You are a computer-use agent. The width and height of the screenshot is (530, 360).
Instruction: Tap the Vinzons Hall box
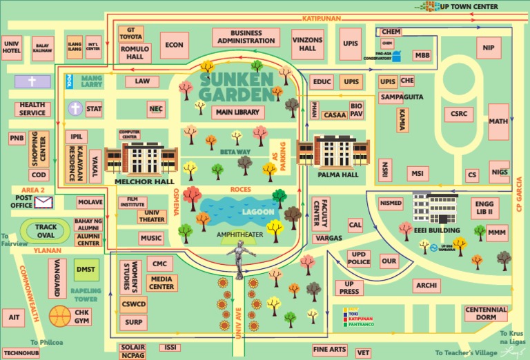(x=307, y=44)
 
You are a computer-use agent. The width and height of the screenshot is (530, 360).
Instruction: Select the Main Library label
(x=238, y=112)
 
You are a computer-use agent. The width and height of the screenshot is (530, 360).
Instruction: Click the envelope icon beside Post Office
(x=44, y=202)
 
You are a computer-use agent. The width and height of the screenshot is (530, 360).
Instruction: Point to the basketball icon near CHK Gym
(x=60, y=316)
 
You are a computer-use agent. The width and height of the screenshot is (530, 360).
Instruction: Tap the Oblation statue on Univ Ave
(x=239, y=262)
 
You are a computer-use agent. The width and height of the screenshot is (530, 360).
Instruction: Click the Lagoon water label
(x=257, y=212)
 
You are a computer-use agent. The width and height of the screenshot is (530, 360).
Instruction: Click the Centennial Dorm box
(x=486, y=314)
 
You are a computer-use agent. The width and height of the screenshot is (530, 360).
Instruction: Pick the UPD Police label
(x=358, y=258)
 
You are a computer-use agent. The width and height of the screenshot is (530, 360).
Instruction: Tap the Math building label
(x=498, y=121)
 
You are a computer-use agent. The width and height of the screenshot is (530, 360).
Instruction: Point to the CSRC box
(x=458, y=113)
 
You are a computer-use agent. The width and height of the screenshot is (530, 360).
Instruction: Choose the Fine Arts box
(x=329, y=350)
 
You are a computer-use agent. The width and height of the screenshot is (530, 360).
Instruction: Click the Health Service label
(x=32, y=108)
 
